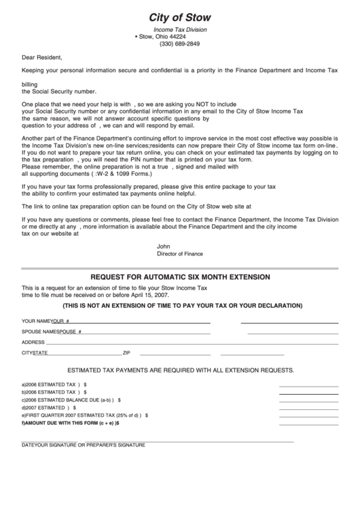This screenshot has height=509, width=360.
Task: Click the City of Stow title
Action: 179,17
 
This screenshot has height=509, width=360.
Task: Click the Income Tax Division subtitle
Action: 179,30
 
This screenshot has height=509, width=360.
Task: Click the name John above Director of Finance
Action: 162,246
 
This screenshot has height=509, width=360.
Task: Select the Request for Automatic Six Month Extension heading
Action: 180,277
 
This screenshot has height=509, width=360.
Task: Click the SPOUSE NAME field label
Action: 40,331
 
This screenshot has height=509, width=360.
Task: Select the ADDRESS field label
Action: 33,342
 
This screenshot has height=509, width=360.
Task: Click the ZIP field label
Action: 126,353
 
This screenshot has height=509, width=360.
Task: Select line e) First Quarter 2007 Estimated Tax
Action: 84,415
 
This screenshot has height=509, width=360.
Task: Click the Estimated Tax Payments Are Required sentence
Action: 180,370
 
